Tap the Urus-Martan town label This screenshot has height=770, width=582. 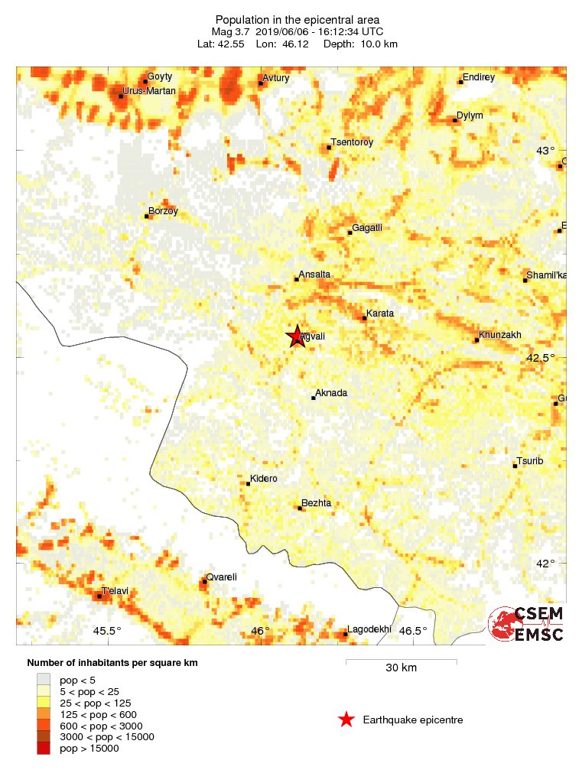[151, 91]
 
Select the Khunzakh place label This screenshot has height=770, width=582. [500, 335]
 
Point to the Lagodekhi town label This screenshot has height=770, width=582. [369, 630]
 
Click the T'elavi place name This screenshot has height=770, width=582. [115, 591]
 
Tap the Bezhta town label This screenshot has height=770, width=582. [317, 503]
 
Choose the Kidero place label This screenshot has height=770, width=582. [264, 479]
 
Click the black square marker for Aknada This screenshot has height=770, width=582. [314, 398]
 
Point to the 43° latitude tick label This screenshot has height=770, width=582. [545, 151]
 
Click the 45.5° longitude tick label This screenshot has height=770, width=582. [107, 631]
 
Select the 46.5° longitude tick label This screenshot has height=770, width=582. [413, 631]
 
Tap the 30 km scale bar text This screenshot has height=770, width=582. [401, 668]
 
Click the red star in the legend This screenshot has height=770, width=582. [346, 720]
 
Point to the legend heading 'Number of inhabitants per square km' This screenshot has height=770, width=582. [112, 663]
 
